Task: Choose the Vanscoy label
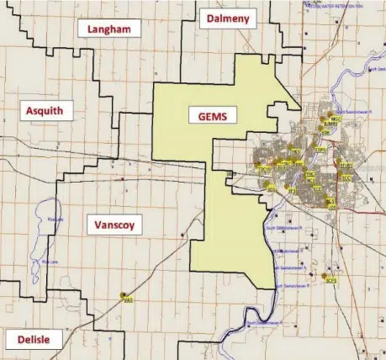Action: click(x=114, y=225)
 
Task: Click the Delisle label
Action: click(x=33, y=340)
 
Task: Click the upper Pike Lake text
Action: click(x=56, y=220)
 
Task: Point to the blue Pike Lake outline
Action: click(x=38, y=244)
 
